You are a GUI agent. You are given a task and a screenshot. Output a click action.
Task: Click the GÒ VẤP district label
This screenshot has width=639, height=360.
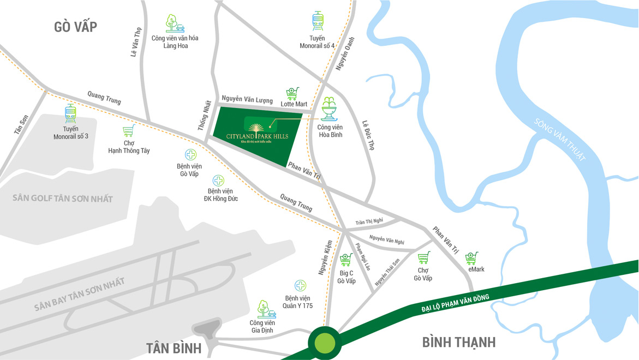pyautogui.click(x=76, y=27)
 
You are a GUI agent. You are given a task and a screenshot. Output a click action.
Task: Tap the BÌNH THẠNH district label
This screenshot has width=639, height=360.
pyautogui.click(x=459, y=343)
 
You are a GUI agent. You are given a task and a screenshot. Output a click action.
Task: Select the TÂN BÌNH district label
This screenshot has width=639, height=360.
pyautogui.click(x=174, y=348)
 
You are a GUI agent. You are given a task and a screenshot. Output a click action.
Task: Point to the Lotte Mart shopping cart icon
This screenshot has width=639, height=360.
pyautogui.click(x=293, y=93)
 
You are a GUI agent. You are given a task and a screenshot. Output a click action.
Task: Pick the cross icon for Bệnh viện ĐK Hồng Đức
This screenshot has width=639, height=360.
pyautogui.click(x=218, y=180)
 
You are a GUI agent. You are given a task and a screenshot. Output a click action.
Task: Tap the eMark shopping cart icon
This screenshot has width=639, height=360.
pyautogui.click(x=471, y=258)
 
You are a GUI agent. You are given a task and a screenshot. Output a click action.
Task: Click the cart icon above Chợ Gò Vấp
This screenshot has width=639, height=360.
pyautogui.click(x=423, y=258)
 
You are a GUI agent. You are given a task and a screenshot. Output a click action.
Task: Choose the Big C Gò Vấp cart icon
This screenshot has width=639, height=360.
pyautogui.click(x=345, y=260)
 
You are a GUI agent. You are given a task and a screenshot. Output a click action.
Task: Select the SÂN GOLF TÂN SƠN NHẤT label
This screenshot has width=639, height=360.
pyautogui.click(x=63, y=199)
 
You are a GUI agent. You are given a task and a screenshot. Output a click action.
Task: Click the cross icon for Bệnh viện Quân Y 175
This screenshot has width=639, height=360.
pyautogui.click(x=300, y=285)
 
